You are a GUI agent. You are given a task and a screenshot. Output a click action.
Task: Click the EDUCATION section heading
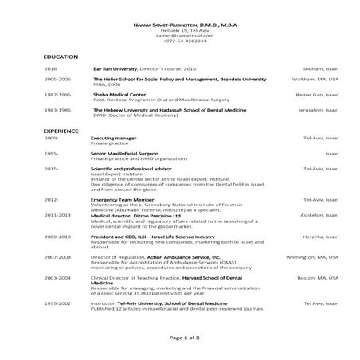point(61,57)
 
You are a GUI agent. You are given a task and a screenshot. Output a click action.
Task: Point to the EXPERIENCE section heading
point(61,129)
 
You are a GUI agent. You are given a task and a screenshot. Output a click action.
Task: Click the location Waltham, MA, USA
point(318,80)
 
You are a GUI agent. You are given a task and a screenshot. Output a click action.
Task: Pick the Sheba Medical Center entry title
point(120,94)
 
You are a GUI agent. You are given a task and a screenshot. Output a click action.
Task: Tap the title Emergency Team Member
point(118,199)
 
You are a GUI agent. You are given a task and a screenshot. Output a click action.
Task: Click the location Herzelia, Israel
point(319,237)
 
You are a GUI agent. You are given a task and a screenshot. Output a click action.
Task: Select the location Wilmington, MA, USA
point(312,258)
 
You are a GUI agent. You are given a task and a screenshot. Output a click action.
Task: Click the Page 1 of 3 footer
point(182,338)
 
